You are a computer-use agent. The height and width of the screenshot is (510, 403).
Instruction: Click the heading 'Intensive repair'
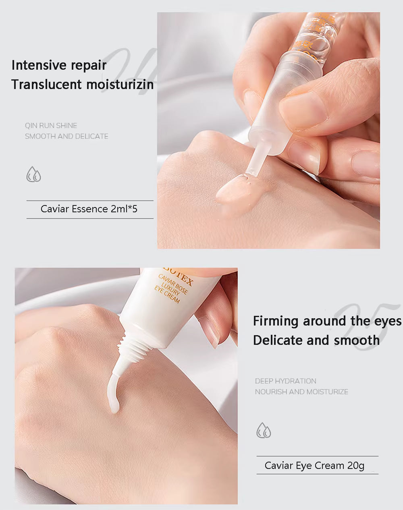point(59,65)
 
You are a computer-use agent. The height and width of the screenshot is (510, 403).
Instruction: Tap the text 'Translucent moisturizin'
point(82,85)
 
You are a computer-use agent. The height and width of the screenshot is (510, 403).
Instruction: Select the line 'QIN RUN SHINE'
point(51,126)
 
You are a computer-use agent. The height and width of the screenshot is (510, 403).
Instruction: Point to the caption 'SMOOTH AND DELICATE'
point(66,137)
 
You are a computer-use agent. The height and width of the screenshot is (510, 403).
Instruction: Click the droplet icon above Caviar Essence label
point(34,175)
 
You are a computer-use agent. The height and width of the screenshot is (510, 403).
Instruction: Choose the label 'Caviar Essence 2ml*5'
point(89,209)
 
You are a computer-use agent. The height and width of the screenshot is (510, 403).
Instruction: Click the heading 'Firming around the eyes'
point(327,321)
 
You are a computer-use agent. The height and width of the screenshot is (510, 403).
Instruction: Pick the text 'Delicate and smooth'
point(316,340)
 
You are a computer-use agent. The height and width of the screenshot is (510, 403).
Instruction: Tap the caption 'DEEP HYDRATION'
point(285,381)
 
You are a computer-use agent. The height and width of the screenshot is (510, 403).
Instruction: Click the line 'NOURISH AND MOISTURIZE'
point(301,392)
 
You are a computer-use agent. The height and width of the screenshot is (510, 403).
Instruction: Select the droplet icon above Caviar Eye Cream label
point(264,430)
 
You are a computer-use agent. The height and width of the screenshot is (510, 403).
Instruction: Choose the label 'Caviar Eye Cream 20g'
point(314,466)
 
